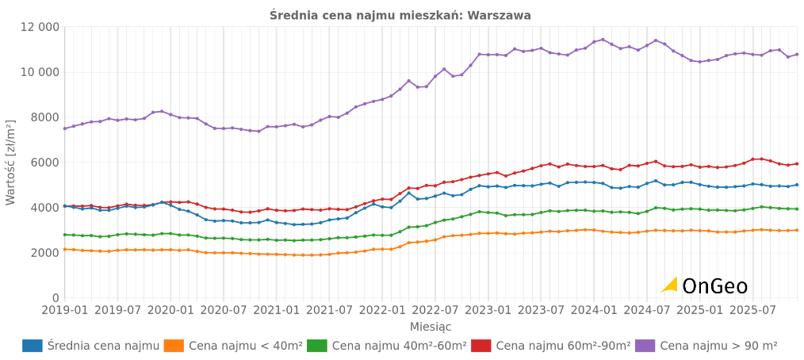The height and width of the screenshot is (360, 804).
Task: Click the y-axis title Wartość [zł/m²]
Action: tap(10, 163)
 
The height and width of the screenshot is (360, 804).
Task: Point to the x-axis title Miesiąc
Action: tap(431, 326)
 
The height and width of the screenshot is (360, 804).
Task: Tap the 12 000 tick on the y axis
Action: tap(38, 27)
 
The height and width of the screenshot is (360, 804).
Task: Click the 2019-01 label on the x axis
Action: tap(65, 309)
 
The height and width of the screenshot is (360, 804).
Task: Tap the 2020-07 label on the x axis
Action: tap(224, 309)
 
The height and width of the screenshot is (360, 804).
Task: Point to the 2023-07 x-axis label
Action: tap(541, 309)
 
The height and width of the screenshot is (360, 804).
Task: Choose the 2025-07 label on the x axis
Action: tap(752, 309)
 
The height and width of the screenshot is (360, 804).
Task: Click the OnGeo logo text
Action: tap(714, 286)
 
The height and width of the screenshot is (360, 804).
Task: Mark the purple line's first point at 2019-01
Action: tap(65, 128)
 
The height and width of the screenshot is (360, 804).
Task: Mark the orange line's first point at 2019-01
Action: tap(65, 249)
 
